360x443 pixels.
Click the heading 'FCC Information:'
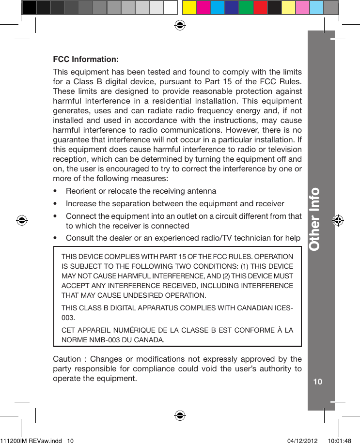click(x=85, y=60)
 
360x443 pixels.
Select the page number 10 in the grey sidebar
click(x=318, y=382)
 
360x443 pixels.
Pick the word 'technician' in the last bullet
click(x=257, y=238)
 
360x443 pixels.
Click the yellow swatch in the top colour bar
click(x=189, y=8)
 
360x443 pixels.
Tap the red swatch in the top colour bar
click(x=260, y=8)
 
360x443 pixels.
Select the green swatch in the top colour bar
click(x=246, y=8)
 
